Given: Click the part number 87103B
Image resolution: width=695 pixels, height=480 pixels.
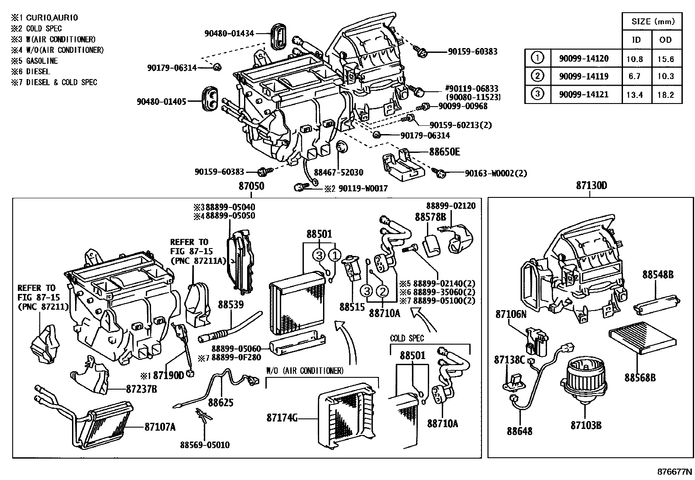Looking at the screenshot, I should point(586,425).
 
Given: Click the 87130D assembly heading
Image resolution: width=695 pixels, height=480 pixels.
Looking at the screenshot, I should point(591,186).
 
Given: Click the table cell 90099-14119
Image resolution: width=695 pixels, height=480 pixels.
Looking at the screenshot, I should point(583,76).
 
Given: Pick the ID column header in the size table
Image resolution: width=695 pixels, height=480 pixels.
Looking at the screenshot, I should point(637,40).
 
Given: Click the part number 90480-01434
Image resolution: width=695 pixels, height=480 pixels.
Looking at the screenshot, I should point(229,33).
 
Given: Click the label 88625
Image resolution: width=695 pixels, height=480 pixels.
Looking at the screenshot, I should point(220,402).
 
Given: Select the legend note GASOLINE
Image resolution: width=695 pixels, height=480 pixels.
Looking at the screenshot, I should point(41,61).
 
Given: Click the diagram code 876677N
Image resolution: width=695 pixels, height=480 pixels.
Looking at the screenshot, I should point(675,472).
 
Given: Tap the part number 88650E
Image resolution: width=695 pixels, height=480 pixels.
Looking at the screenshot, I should point(444,152).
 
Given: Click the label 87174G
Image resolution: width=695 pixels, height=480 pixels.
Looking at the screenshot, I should point(282,418).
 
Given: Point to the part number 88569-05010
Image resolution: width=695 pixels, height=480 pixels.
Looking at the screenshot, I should point(205,445).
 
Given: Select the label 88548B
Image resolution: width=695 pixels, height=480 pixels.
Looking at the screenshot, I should point(657,275).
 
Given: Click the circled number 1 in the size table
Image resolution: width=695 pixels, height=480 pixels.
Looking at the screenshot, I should point(538,58).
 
